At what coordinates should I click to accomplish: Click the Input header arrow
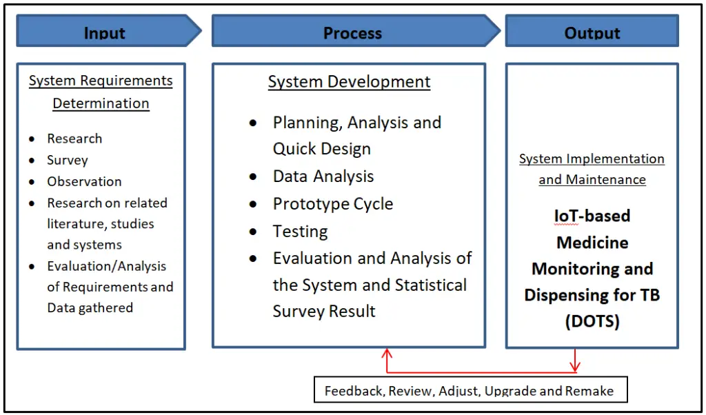pos(105,32)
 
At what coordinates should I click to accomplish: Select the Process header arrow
pos(352,32)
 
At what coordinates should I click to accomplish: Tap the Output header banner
pos(592,32)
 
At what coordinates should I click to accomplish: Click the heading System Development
pos(349,82)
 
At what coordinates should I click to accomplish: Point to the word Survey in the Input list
pos(68,160)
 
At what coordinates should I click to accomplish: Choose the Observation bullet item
pos(84,181)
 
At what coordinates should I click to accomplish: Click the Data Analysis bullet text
pos(323,176)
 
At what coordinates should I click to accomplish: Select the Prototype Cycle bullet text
pos(333,204)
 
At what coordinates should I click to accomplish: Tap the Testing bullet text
pos(300,232)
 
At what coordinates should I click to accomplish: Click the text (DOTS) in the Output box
pos(592,321)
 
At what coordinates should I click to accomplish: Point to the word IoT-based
pos(592,216)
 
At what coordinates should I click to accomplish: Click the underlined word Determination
pos(101,103)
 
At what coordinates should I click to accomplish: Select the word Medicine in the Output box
pos(592,243)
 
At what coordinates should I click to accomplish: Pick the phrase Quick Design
pos(322,149)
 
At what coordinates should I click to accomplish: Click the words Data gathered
pos(90,307)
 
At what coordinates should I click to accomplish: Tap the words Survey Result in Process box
pos(324,311)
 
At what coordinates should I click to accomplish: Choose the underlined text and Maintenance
pos(592,180)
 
